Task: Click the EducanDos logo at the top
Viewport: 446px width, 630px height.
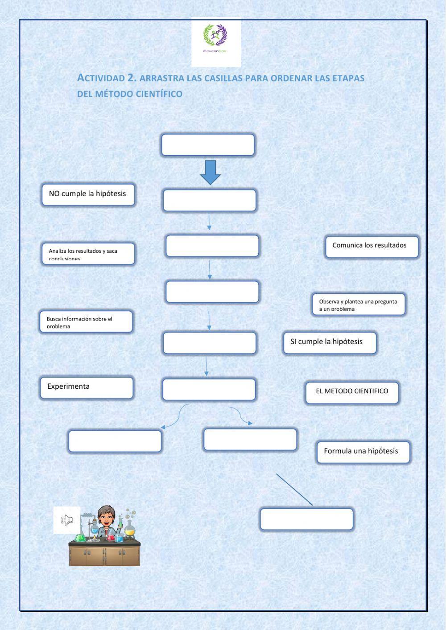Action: coord(215,41)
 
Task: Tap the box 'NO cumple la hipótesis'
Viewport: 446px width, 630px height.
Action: coord(88,195)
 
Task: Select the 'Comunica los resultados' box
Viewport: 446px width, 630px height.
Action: coord(372,247)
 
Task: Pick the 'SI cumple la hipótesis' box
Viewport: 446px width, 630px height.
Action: coord(330,342)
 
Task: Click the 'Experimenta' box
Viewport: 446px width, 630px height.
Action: coord(87,387)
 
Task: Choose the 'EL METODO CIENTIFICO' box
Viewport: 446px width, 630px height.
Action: coord(352,392)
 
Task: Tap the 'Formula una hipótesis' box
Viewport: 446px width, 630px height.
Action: coord(363,452)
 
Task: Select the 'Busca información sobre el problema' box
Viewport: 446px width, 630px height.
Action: coord(86,321)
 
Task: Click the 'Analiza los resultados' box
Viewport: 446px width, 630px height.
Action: coord(88,254)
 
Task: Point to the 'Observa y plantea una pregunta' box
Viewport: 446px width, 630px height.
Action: coord(359,305)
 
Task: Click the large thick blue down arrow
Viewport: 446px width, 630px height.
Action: coord(210,172)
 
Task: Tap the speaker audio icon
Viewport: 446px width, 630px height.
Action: coord(67,520)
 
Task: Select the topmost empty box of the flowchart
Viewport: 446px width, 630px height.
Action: coord(208,144)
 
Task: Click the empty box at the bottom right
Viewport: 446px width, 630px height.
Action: coord(306,519)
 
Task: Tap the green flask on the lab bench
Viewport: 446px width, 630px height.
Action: coord(81,537)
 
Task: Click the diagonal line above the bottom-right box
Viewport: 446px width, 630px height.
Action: coord(294,490)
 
